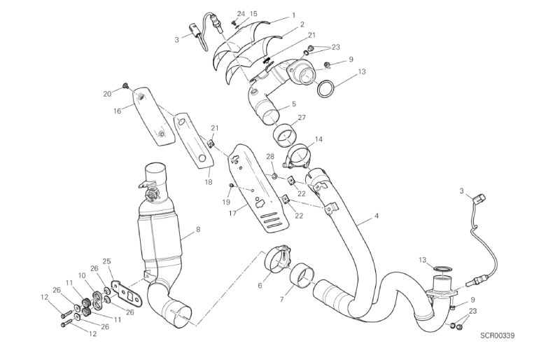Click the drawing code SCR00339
(497, 335)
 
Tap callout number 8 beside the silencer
(198, 229)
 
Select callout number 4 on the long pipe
(377, 216)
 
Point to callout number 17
(232, 213)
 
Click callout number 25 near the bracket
(107, 261)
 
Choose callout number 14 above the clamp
(318, 139)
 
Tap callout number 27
(302, 118)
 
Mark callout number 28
(270, 156)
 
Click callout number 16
(117, 111)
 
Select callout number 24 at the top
(241, 14)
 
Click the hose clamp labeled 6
(277, 259)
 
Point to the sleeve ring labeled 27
(285, 135)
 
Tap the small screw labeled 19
(231, 186)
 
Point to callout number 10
(81, 275)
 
